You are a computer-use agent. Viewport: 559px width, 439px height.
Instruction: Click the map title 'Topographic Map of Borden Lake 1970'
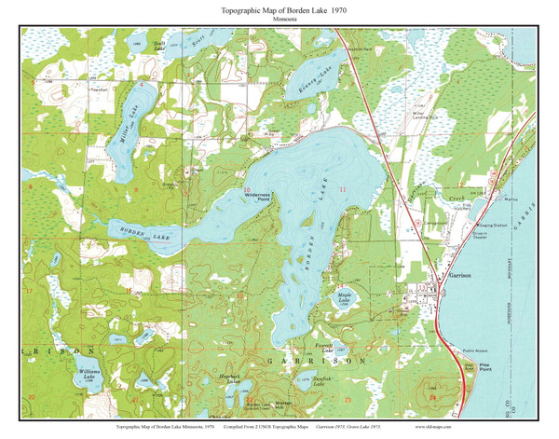[x=279, y=8]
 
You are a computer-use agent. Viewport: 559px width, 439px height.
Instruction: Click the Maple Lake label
[x=344, y=299]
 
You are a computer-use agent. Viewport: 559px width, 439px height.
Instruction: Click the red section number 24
[x=431, y=395]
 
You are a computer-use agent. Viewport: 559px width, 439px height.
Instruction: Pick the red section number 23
[x=347, y=399]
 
